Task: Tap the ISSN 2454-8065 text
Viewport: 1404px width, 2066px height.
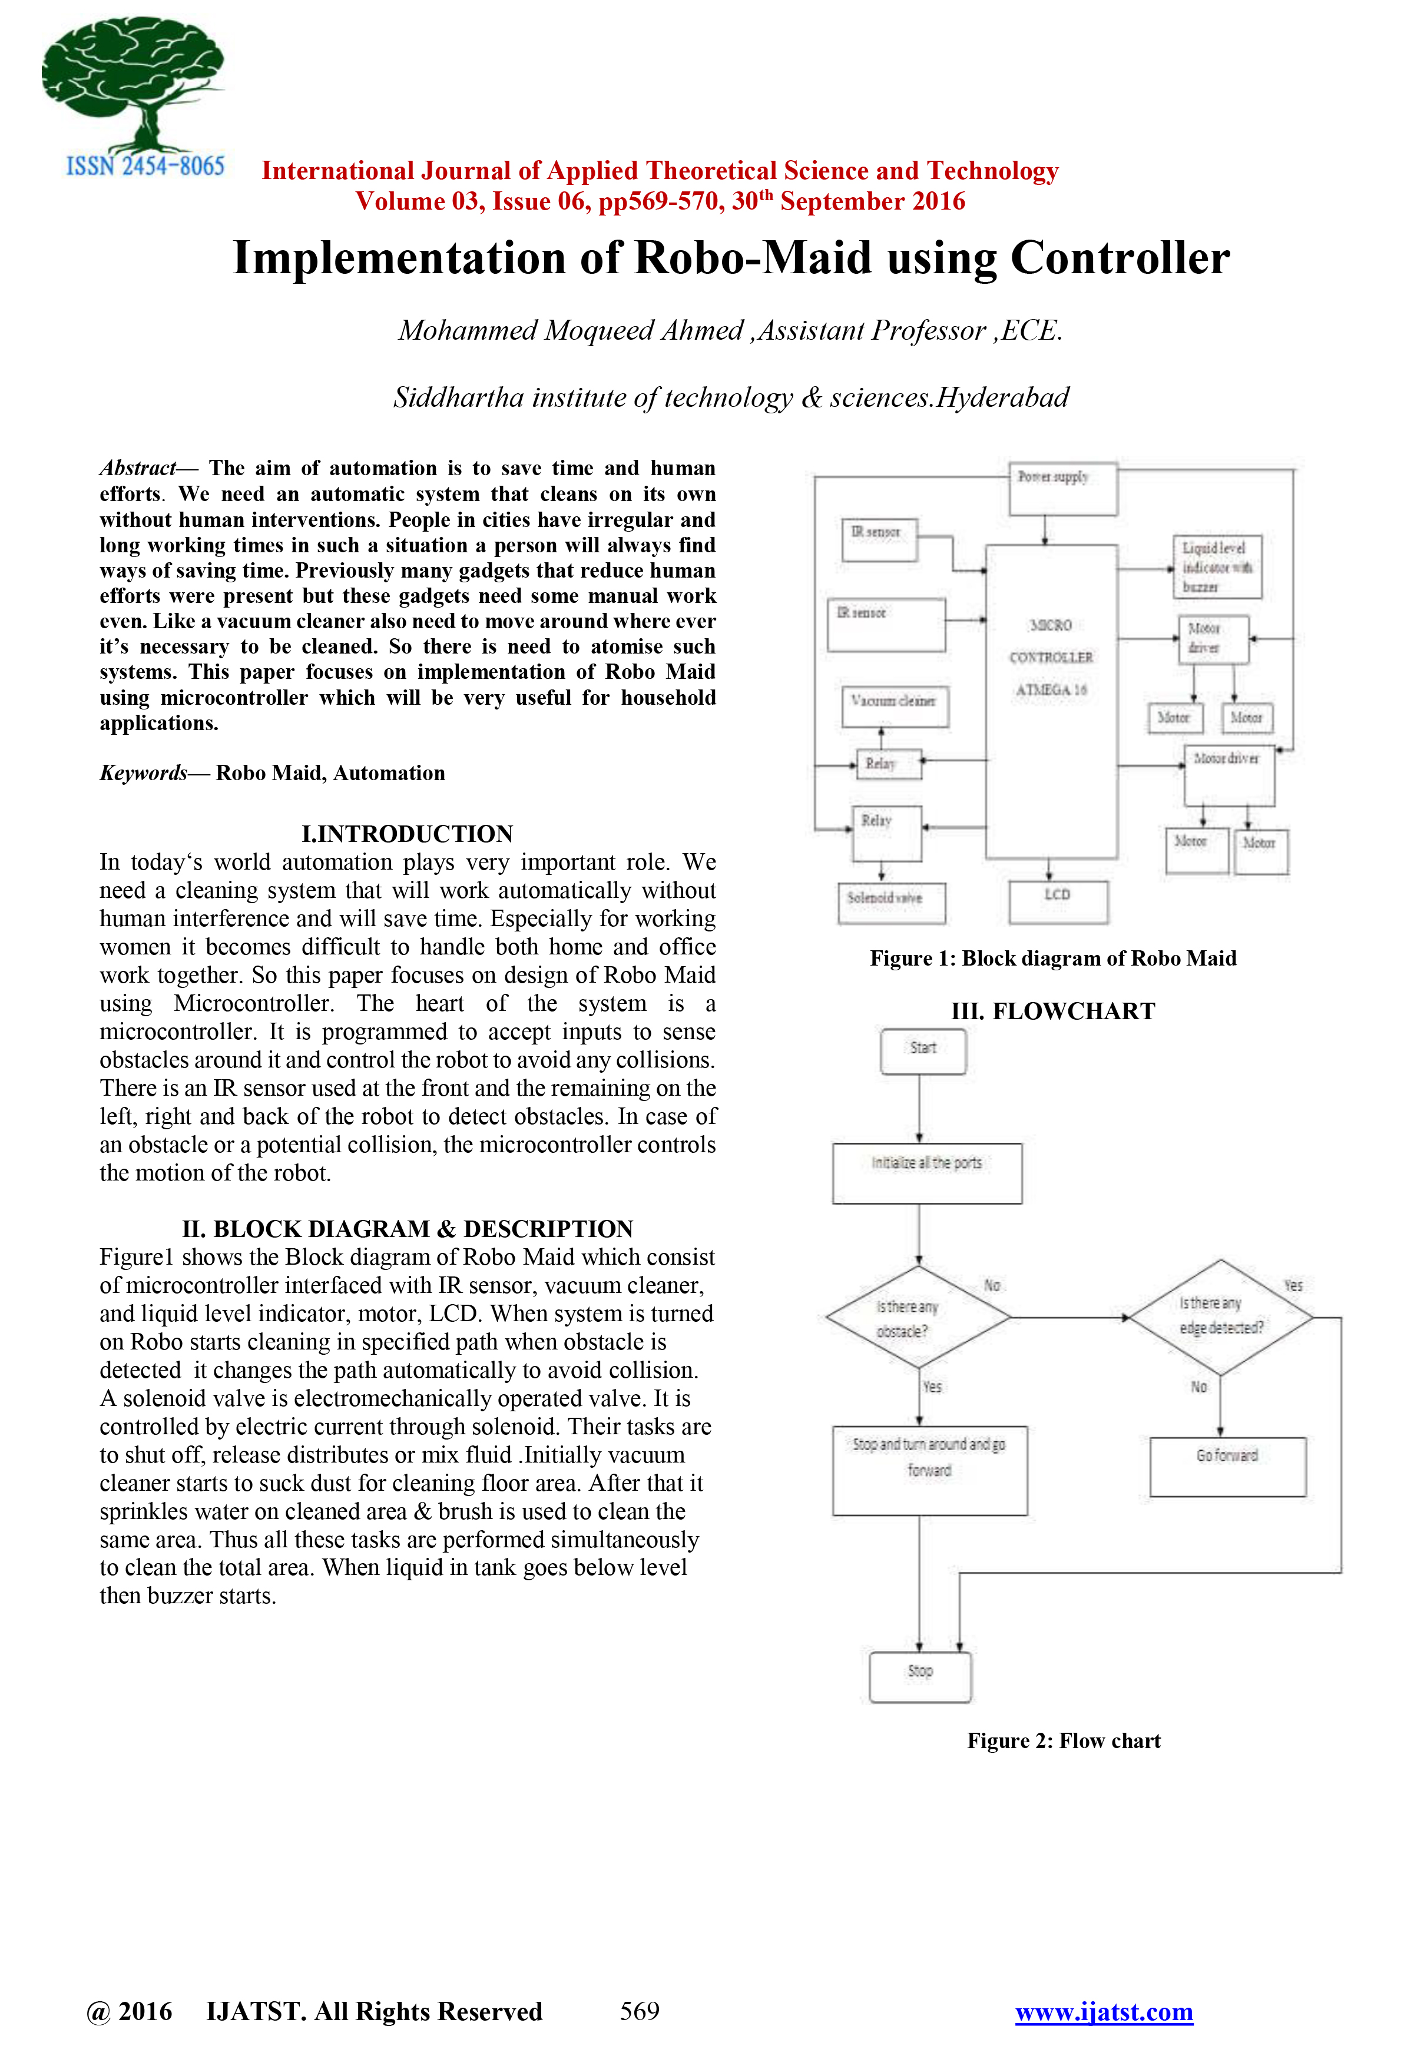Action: click(x=145, y=166)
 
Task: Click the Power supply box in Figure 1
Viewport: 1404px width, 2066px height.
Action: click(x=1062, y=488)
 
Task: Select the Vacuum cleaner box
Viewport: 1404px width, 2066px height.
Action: click(x=895, y=706)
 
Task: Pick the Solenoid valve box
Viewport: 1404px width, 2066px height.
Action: click(x=891, y=903)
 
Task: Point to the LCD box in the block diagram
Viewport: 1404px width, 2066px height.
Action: click(x=1058, y=901)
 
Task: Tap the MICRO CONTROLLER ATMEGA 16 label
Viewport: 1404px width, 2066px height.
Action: click(x=1051, y=657)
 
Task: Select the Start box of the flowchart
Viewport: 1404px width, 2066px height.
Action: click(x=923, y=1051)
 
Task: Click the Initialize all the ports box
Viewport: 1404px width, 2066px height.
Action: click(x=926, y=1173)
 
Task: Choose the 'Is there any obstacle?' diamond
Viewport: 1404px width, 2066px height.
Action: click(x=918, y=1318)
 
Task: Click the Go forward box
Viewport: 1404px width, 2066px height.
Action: click(x=1227, y=1466)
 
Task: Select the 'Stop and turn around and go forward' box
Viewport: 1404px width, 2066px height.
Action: click(x=929, y=1470)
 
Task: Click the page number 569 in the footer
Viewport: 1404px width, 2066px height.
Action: click(x=640, y=2011)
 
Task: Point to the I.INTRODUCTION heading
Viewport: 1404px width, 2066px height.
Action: click(x=407, y=833)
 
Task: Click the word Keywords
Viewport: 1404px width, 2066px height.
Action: click(x=143, y=772)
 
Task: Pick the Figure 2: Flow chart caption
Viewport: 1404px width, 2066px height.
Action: click(x=1064, y=1740)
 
